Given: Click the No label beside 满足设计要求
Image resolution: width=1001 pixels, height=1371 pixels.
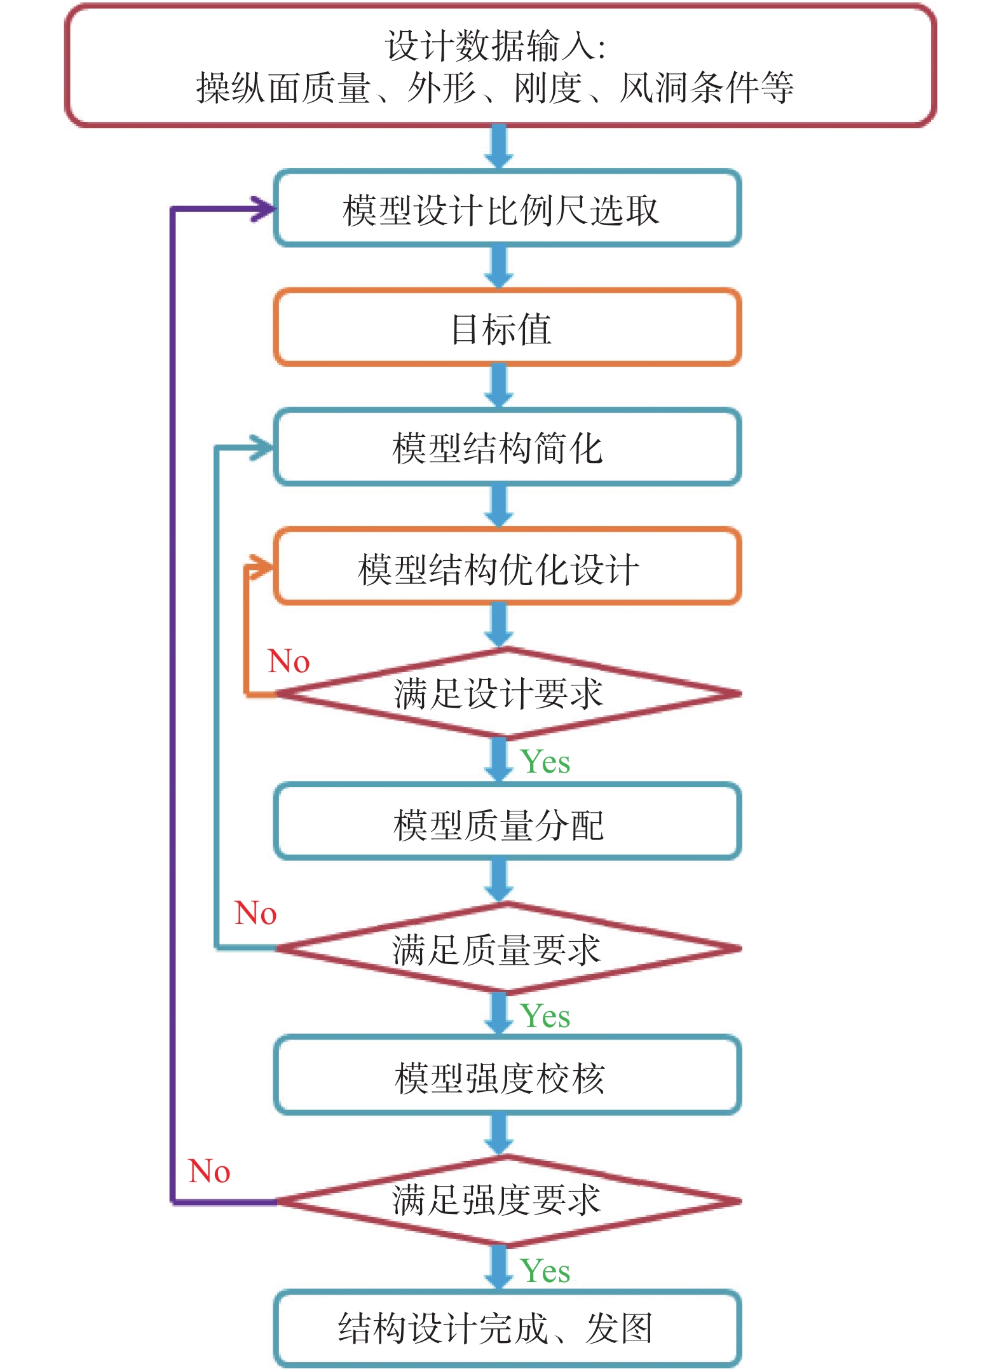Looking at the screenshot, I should [289, 661].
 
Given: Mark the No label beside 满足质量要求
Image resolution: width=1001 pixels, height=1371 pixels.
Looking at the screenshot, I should [255, 913].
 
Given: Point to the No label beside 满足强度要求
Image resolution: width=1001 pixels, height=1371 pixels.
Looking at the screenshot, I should [209, 1171].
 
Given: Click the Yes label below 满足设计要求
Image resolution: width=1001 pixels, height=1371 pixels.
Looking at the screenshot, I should [545, 762].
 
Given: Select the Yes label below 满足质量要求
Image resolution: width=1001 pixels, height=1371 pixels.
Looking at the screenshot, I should [545, 1016].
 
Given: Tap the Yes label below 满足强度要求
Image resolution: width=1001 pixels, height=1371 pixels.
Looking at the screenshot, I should [545, 1271].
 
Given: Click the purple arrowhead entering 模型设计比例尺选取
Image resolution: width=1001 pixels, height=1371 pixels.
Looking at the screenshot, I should [263, 209].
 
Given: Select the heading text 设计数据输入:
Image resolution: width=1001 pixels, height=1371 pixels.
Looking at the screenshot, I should [496, 46].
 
